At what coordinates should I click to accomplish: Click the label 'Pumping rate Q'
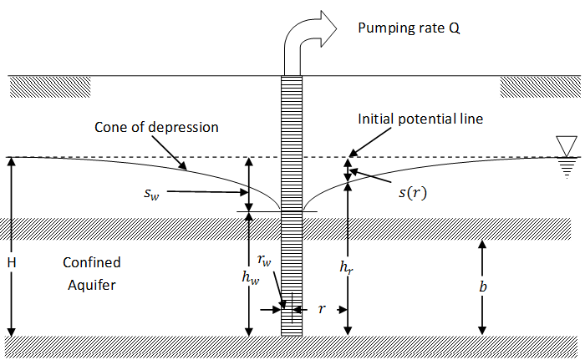point(409,28)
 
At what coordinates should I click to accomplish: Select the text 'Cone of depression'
point(156,128)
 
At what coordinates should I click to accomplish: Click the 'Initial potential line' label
point(420,119)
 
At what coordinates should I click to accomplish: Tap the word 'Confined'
point(92,262)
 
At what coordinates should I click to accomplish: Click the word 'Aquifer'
point(92,285)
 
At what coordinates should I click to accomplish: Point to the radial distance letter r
point(321,309)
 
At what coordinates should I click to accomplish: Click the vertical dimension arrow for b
point(482,286)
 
